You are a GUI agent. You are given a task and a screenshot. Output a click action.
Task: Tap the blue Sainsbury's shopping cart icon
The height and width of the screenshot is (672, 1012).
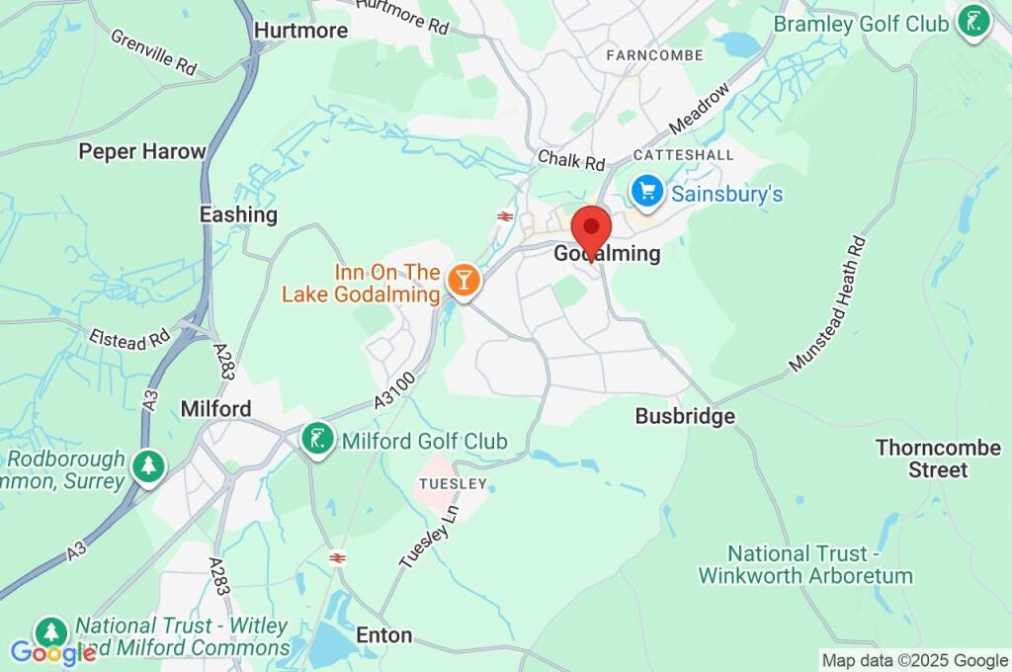pyautogui.click(x=647, y=192)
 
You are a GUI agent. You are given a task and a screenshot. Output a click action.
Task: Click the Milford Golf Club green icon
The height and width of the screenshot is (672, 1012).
pyautogui.click(x=316, y=440)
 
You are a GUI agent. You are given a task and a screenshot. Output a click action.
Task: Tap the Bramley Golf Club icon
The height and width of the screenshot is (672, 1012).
pyautogui.click(x=973, y=23)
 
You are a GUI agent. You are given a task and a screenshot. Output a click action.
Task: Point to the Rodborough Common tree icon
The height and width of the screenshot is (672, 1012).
pyautogui.click(x=148, y=466)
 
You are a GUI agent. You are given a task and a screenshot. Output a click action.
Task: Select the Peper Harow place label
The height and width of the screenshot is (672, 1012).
pyautogui.click(x=142, y=152)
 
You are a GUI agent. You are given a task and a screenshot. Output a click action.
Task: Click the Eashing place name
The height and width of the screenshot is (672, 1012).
pyautogui.click(x=238, y=214)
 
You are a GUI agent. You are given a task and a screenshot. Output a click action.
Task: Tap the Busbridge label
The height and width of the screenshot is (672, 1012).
pyautogui.click(x=685, y=416)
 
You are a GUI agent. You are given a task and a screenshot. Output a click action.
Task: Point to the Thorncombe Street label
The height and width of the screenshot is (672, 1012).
pyautogui.click(x=923, y=459)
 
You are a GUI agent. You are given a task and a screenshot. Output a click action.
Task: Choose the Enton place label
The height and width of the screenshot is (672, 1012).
pyautogui.click(x=383, y=635)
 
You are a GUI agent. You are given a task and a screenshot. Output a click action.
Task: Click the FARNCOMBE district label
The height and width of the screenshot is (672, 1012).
pyautogui.click(x=655, y=55)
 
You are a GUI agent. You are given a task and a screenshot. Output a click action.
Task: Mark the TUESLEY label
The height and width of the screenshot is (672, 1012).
pyautogui.click(x=453, y=483)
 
